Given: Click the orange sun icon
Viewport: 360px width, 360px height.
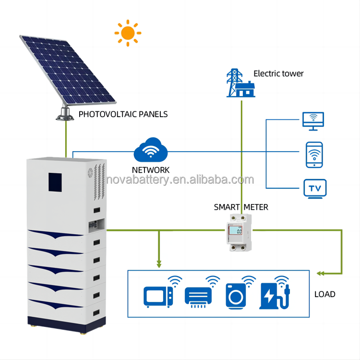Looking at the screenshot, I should [128, 33].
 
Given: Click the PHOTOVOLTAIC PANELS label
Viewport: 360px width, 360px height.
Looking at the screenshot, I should [123, 114].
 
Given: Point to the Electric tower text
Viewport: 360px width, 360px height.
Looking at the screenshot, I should [278, 73].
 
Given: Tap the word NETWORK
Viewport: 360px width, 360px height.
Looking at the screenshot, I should [151, 170].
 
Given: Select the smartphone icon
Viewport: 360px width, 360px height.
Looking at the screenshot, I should [314, 155].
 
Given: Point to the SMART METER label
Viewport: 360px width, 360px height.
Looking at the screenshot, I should [241, 207].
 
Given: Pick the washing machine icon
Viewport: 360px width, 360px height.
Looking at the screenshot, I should [236, 296].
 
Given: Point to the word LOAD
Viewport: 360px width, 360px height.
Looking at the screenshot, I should [324, 294].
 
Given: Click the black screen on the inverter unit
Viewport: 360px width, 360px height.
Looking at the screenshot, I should [57, 181].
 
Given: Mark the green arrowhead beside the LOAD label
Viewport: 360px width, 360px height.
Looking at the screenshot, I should [320, 273].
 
